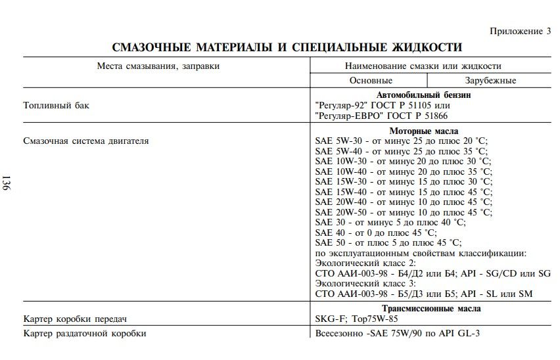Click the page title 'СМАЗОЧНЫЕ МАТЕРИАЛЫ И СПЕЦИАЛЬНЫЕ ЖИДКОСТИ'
click(287, 47)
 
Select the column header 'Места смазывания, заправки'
click(158, 66)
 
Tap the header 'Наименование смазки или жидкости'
click(423, 66)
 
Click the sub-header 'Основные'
click(371, 80)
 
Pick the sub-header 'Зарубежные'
click(490, 80)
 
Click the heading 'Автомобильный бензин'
click(423, 95)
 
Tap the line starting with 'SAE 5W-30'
click(402, 141)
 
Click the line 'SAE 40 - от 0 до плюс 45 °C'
click(375, 232)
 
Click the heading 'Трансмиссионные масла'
click(431, 309)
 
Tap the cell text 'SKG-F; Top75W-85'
click(357, 319)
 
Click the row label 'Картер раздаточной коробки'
click(84, 333)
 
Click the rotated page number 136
click(7, 184)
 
